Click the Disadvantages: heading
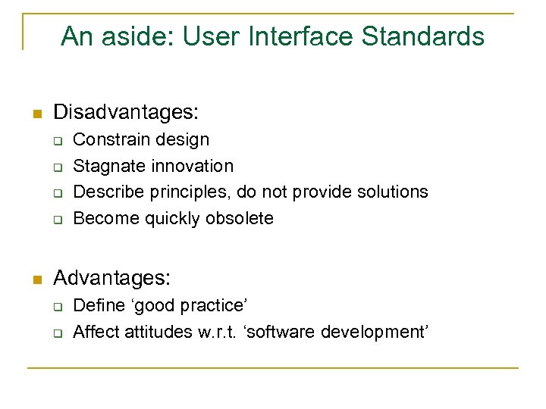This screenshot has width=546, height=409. pos(126,113)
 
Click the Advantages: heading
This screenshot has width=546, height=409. pos(111,278)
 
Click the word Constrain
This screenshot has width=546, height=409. pos(105,139)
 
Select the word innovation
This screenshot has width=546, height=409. pos(193,166)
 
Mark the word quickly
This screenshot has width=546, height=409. pos(174,219)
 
